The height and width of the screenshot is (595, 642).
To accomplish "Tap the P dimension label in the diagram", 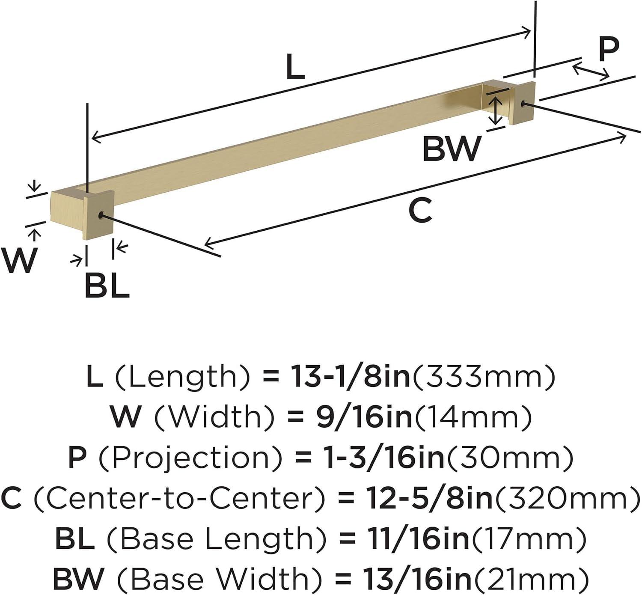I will pyautogui.click(x=608, y=49).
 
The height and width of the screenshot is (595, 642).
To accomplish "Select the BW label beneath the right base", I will pyautogui.click(x=452, y=149).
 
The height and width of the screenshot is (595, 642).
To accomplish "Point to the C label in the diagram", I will pyautogui.click(x=420, y=210).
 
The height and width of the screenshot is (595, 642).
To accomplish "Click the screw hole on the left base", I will pyautogui.click(x=101, y=215).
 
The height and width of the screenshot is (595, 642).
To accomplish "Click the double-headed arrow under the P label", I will pyautogui.click(x=591, y=71).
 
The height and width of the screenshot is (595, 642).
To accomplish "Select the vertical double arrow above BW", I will pyautogui.click(x=496, y=110).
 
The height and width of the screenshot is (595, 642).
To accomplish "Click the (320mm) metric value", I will pyautogui.click(x=567, y=498).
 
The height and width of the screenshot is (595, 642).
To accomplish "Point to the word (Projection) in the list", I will pyautogui.click(x=190, y=458).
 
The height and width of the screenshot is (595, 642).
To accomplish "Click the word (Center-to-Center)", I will pyautogui.click(x=179, y=498).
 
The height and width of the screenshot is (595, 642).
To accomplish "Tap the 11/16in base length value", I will pyautogui.click(x=418, y=538).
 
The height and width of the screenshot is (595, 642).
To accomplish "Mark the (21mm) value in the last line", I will pyautogui.click(x=530, y=579).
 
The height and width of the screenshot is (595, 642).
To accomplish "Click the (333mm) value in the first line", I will pyautogui.click(x=483, y=377).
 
